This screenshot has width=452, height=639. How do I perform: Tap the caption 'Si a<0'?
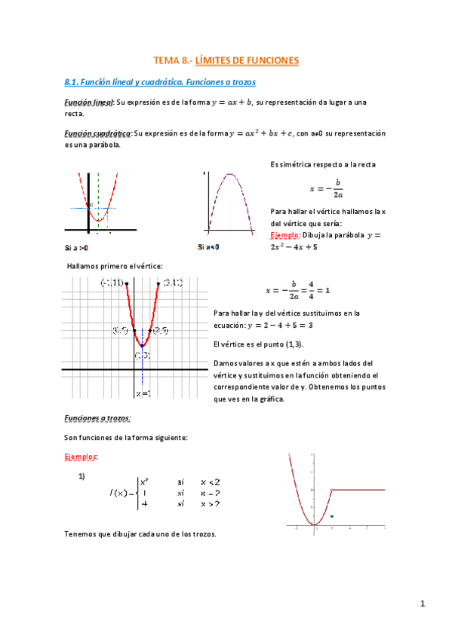pyautogui.click(x=208, y=247)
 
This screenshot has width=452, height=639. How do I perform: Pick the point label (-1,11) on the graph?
pyautogui.click(x=113, y=283)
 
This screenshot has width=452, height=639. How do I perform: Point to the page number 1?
pyautogui.click(x=423, y=603)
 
